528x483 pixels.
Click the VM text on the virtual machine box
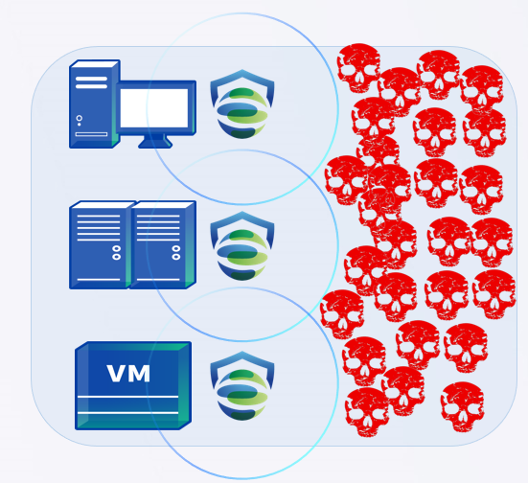point(128,374)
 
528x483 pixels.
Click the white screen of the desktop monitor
point(154,108)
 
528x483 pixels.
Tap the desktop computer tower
point(94,104)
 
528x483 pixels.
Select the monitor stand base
point(155,142)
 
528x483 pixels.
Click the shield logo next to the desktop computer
point(242,103)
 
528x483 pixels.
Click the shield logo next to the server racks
point(242,245)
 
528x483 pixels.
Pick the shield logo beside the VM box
point(242,385)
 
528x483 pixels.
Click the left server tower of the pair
point(100,245)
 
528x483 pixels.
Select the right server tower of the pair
point(163,245)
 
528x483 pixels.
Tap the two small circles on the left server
point(117,253)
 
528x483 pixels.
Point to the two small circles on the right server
point(176,253)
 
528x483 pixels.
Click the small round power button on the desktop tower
point(80,118)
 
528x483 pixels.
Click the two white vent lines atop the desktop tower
point(91,82)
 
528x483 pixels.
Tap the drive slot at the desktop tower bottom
point(91,134)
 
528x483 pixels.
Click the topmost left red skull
point(358,68)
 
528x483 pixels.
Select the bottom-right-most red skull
point(462,407)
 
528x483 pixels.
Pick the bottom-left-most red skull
point(367,412)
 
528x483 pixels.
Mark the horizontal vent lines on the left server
point(99,228)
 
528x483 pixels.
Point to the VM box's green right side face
point(185,385)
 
